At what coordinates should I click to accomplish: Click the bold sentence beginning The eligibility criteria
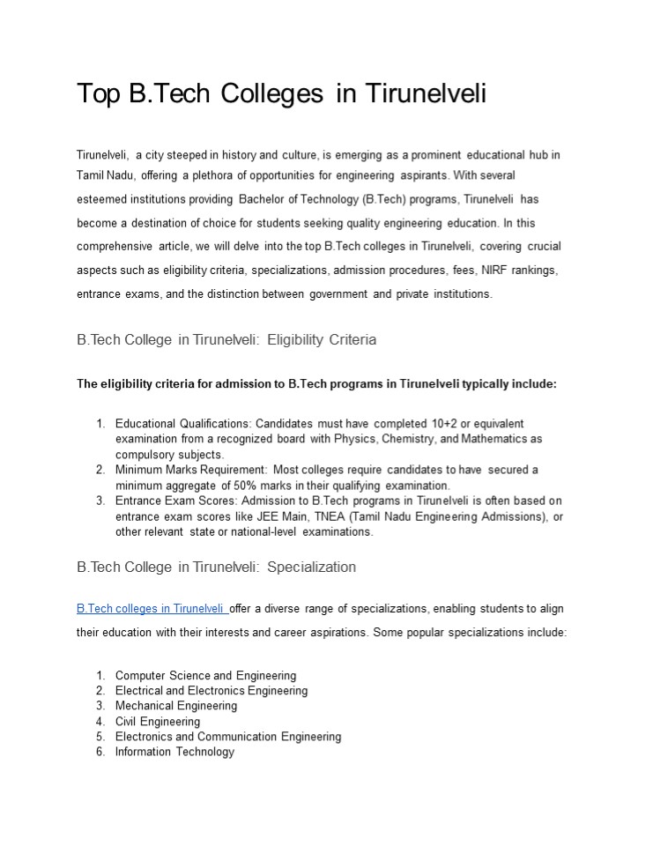coord(316,384)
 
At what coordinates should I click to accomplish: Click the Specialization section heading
coord(216,567)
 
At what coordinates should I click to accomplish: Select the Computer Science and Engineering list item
coord(205,676)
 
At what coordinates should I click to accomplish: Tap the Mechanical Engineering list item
coord(175,706)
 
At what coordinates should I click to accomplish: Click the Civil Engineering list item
coord(157,722)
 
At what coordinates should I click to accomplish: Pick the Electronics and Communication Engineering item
coord(227,737)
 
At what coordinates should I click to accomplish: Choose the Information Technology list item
coord(174,752)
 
